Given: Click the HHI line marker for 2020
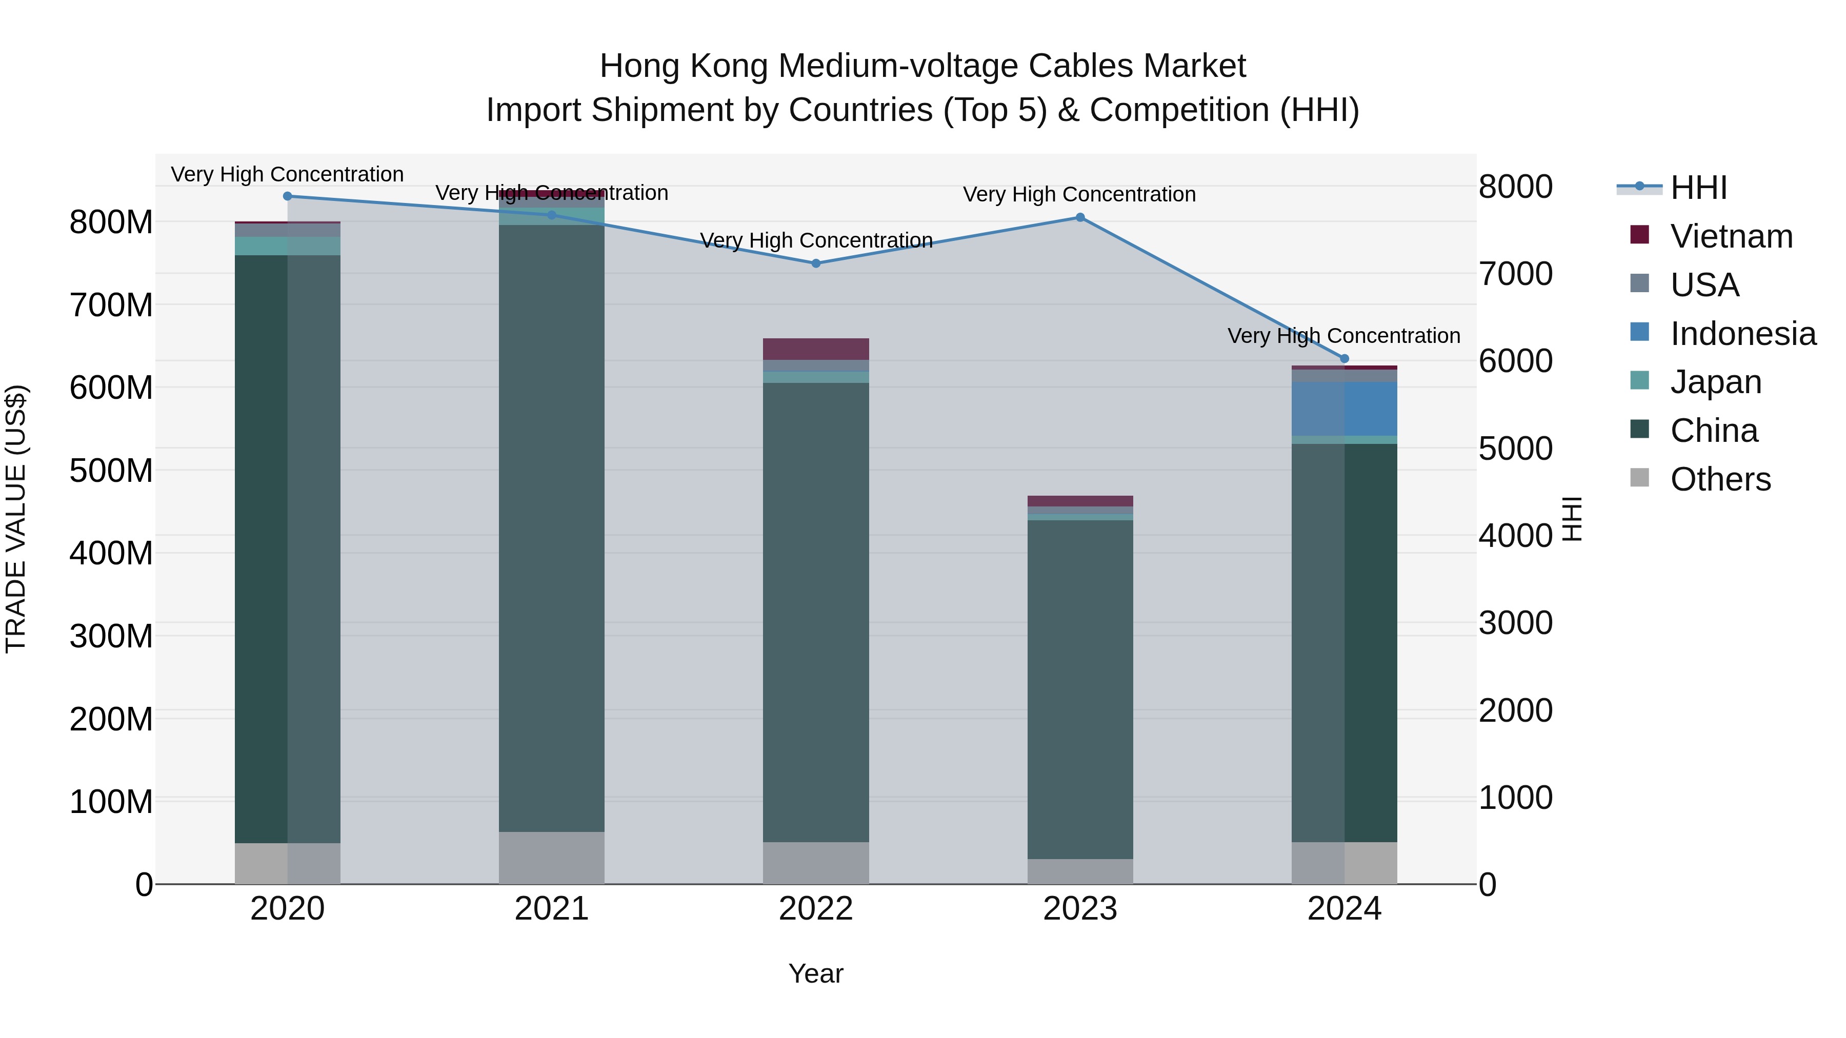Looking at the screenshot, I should (287, 196).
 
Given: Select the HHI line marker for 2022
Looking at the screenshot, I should (815, 263).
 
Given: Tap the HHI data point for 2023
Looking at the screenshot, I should (1080, 218).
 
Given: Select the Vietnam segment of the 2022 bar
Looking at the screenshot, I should (815, 349).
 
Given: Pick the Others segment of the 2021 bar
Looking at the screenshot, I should (551, 858).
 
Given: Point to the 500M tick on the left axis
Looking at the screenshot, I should (111, 471).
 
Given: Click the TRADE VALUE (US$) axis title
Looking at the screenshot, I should (16, 519).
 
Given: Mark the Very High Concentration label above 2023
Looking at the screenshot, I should (1079, 194).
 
